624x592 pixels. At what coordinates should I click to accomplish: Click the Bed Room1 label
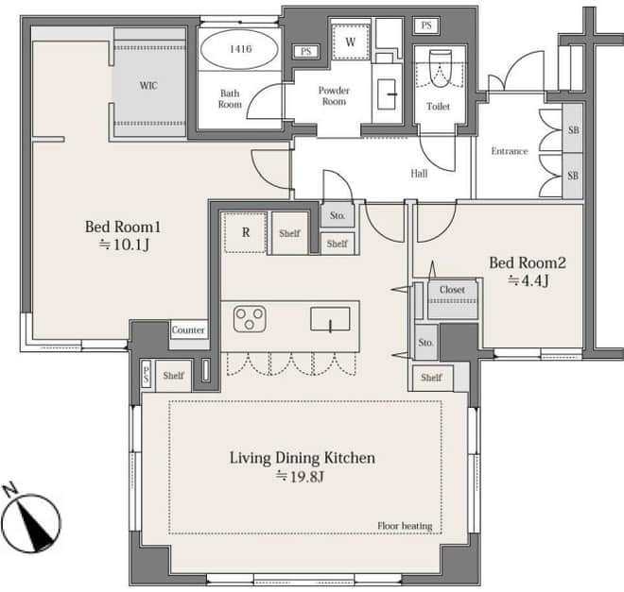[x=123, y=227]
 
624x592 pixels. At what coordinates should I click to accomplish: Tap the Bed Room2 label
[x=528, y=262]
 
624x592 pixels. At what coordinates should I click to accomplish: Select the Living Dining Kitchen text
[x=302, y=458]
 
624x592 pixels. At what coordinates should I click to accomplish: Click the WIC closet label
[x=148, y=85]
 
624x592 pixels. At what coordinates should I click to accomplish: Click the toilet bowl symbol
[x=441, y=68]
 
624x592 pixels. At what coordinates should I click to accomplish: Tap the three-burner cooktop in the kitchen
[x=250, y=318]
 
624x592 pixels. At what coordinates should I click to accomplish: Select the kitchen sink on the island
[x=330, y=318]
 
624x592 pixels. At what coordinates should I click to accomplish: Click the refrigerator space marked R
[x=246, y=232]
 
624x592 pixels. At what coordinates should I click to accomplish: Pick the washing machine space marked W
[x=350, y=42]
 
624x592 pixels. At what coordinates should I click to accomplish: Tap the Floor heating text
[x=405, y=526]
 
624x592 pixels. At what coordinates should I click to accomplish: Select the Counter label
[x=188, y=330]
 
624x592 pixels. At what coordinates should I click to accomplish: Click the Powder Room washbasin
[x=387, y=94]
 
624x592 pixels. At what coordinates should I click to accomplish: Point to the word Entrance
[x=510, y=151]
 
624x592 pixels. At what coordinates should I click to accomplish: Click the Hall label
[x=419, y=173]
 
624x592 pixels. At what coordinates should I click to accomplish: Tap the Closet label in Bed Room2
[x=452, y=290]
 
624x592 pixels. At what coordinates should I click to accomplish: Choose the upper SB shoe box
[x=573, y=128]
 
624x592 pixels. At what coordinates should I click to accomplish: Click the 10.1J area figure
[x=130, y=245]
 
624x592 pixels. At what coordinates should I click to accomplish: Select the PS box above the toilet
[x=426, y=25]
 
